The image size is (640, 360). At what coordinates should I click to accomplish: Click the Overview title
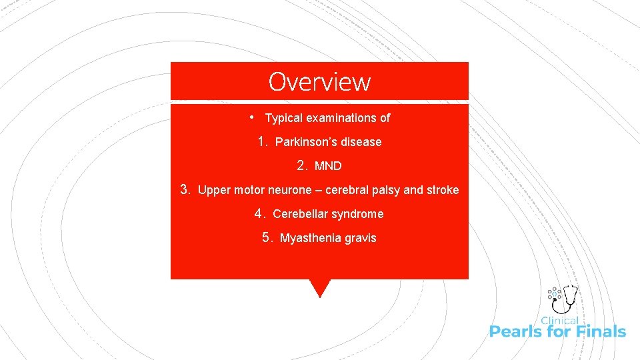tap(319, 81)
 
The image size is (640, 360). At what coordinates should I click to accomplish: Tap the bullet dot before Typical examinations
tap(251, 117)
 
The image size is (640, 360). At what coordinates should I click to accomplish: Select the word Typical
tap(284, 118)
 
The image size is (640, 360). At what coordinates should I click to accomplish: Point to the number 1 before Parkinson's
tap(262, 141)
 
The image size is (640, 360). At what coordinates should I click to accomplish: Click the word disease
tap(361, 142)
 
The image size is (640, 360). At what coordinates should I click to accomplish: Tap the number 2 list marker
tap(302, 165)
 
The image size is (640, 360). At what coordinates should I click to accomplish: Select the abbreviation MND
tap(328, 166)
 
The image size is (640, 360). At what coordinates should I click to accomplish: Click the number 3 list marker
tap(185, 189)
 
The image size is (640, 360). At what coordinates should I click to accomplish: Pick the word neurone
tap(290, 190)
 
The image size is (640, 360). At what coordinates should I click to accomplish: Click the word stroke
tap(443, 190)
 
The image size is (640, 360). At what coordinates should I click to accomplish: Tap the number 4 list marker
tap(260, 213)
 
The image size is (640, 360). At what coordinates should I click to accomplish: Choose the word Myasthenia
tap(309, 238)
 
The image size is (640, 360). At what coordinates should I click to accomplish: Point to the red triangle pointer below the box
tap(320, 287)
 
